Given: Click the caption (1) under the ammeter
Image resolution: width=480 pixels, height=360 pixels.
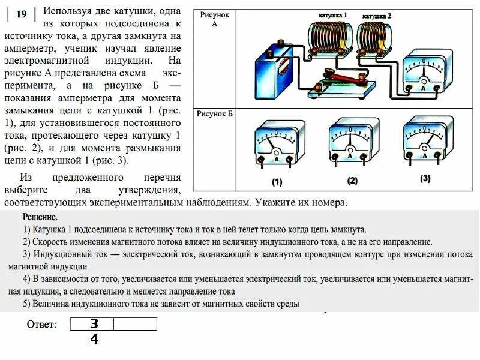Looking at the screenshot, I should tap(277, 181).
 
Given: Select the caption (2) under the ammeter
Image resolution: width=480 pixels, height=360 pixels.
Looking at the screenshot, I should tap(352, 180).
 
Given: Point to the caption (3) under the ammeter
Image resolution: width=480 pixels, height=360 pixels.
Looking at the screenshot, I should tap(425, 179).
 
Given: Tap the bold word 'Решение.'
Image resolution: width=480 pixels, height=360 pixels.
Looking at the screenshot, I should tap(40, 217).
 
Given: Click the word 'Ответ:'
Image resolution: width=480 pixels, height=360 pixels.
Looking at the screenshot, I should tap(42, 325).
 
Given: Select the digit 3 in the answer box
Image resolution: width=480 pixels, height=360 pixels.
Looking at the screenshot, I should tap(94, 324).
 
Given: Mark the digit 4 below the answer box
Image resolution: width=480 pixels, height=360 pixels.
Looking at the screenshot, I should tap(94, 339).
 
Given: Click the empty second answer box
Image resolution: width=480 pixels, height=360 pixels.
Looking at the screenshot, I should tap(135, 324).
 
